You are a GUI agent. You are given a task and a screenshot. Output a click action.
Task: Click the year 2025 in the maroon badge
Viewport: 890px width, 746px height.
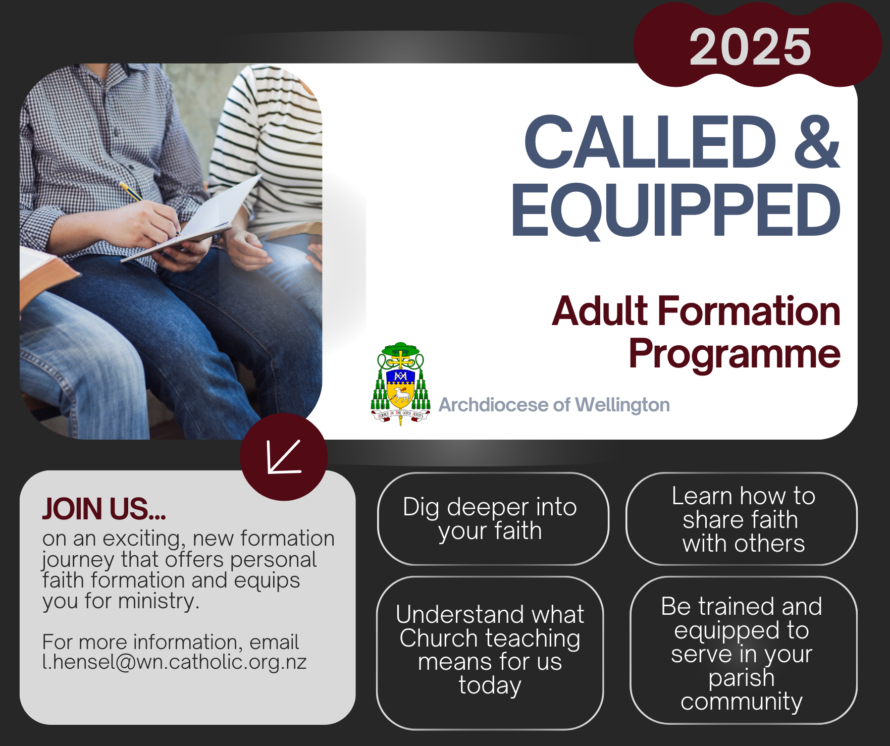(x=750, y=46)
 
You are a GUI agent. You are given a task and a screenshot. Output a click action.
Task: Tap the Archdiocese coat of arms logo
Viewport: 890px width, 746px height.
(x=400, y=384)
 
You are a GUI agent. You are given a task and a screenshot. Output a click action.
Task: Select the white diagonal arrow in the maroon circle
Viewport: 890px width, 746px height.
(x=284, y=457)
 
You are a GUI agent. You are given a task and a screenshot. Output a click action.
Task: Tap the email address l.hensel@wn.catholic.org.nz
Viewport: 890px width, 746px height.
(x=175, y=662)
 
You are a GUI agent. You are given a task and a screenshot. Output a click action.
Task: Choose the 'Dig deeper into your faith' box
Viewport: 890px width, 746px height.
(x=493, y=519)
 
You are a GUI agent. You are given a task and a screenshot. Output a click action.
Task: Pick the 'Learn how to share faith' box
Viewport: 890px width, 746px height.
(x=742, y=519)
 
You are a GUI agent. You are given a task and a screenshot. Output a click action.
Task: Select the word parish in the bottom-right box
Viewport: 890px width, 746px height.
(x=741, y=678)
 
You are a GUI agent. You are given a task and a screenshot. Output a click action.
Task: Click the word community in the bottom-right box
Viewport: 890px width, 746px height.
(x=741, y=702)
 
